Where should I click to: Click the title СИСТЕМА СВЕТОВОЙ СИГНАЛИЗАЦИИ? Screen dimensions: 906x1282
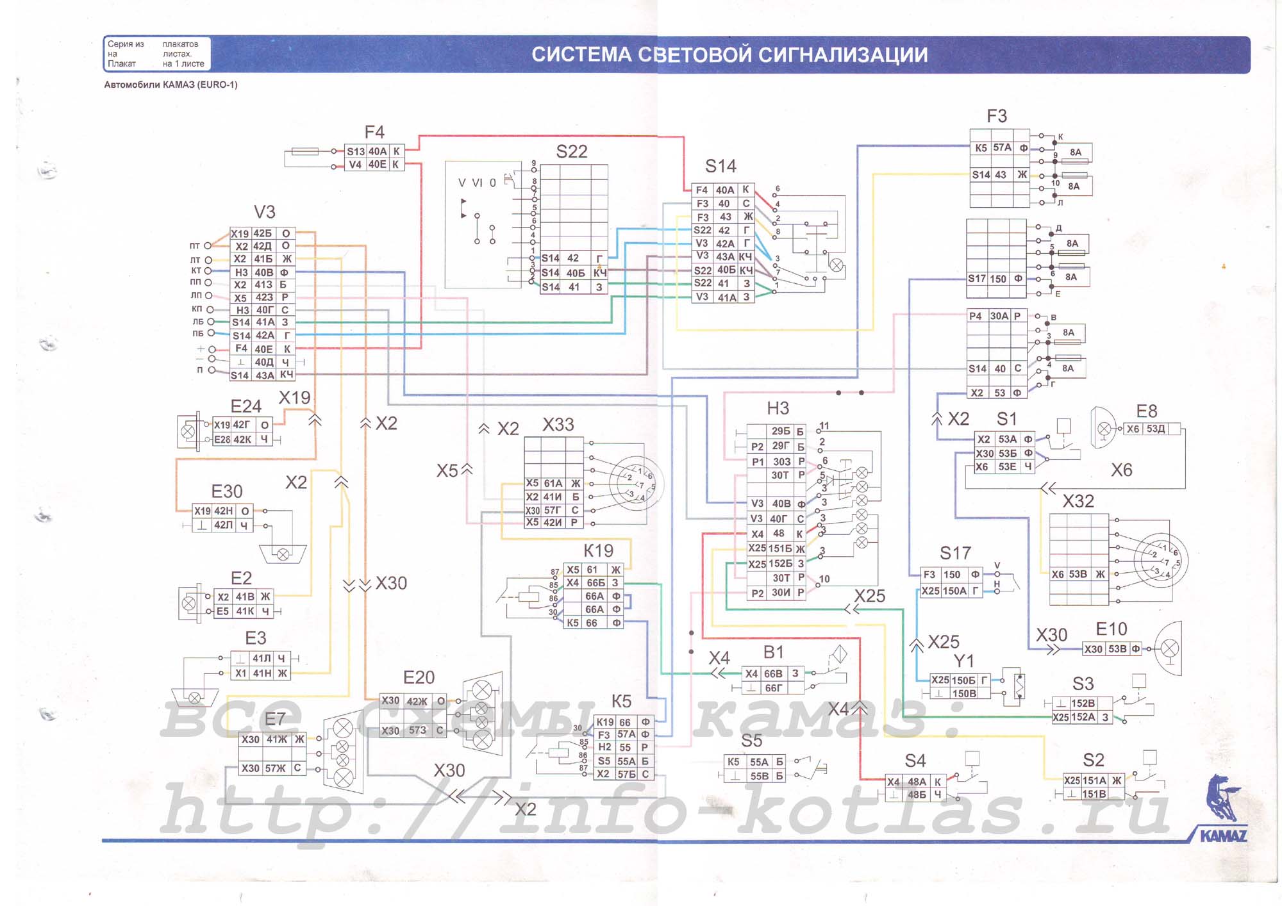729,55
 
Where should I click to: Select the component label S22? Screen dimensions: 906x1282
571,152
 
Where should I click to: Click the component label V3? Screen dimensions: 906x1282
264,212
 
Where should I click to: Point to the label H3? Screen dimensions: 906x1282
778,408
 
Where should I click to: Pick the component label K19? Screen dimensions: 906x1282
598,550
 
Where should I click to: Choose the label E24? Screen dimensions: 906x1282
246,406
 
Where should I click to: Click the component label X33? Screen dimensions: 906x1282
558,425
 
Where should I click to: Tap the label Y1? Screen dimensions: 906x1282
963,661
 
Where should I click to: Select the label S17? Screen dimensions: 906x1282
955,553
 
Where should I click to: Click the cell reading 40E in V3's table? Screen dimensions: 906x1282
263,349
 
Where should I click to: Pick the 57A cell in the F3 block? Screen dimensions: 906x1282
1002,148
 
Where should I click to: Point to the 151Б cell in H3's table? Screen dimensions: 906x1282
780,548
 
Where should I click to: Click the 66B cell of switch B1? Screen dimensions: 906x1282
773,673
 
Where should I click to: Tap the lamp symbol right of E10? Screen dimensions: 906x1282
1170,649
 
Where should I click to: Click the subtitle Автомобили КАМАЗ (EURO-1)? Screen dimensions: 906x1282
171,85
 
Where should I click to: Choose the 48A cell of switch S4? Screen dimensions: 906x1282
917,782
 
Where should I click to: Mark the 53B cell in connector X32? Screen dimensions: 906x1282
1078,574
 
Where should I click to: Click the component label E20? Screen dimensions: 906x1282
419,677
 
